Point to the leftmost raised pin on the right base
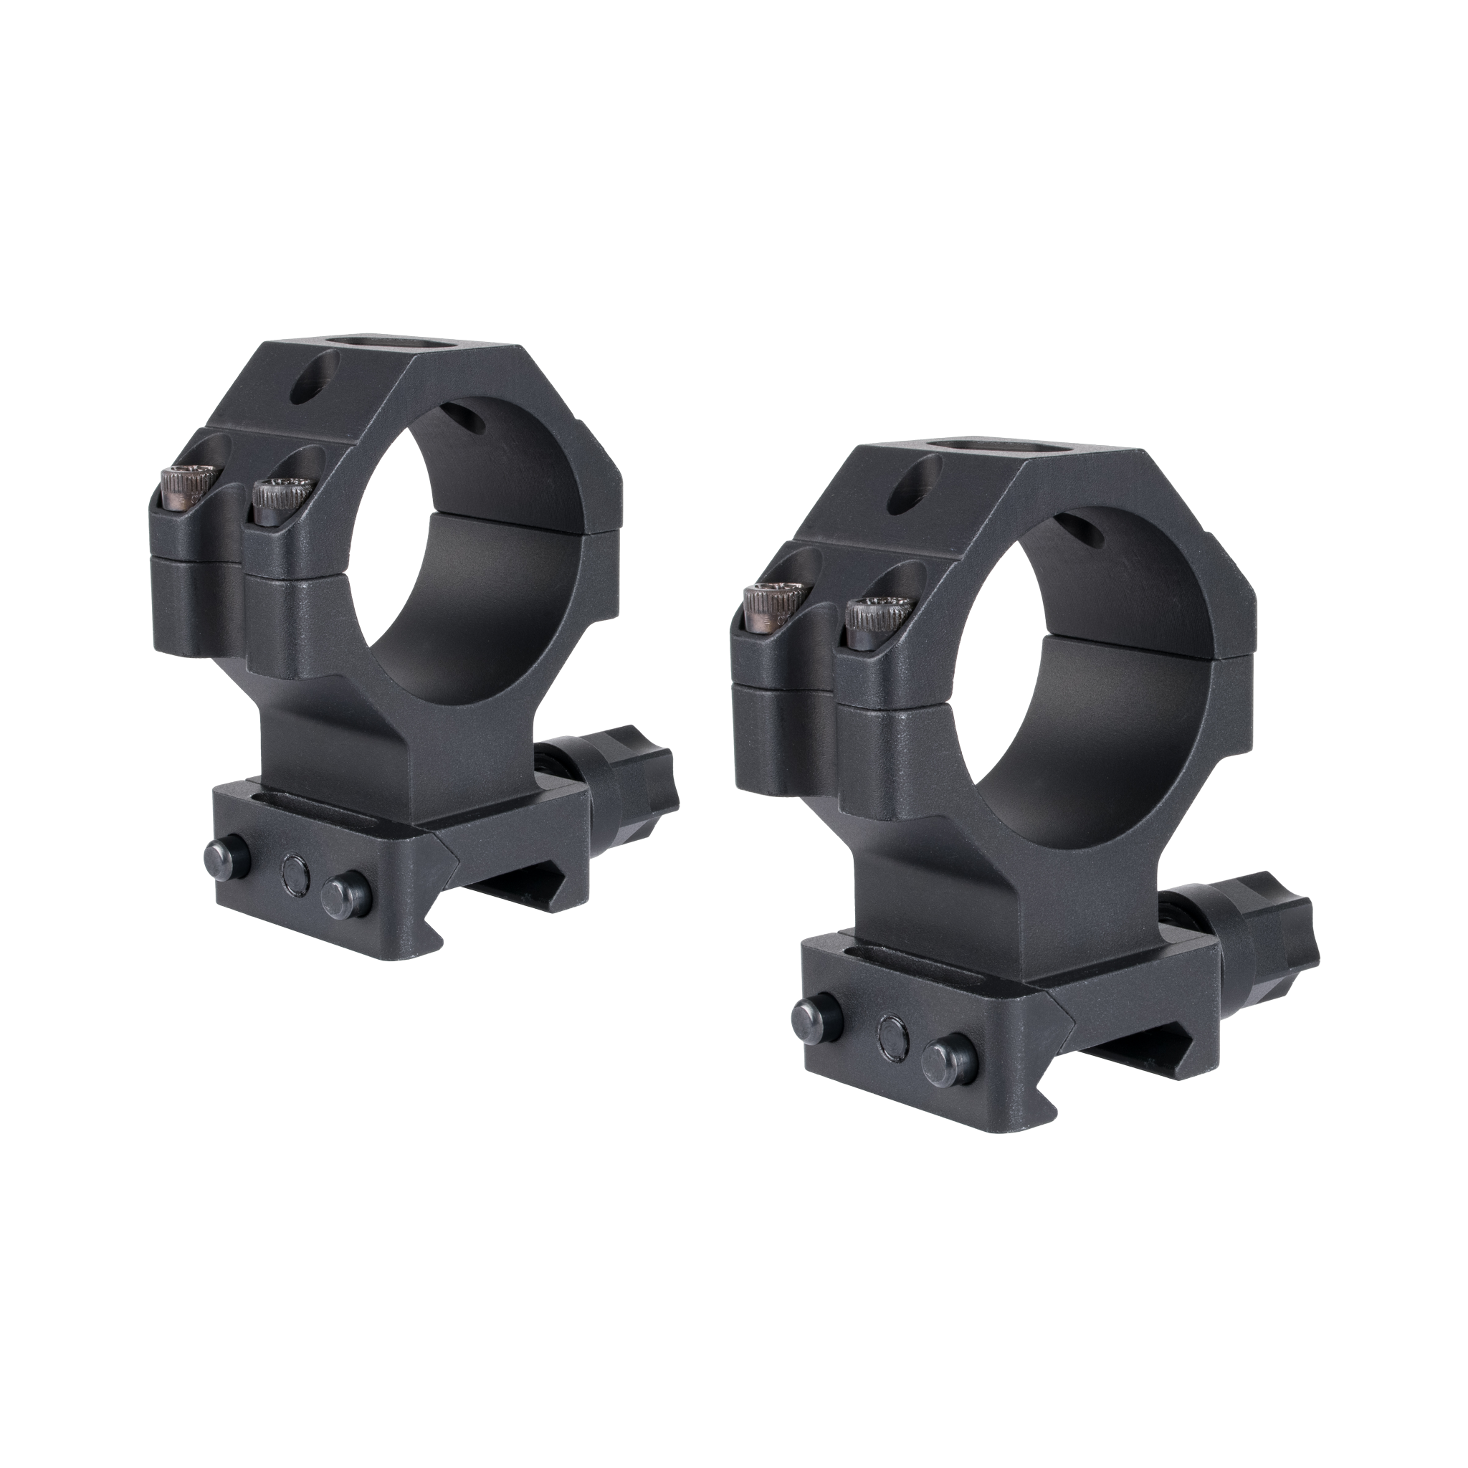point(811,1014)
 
